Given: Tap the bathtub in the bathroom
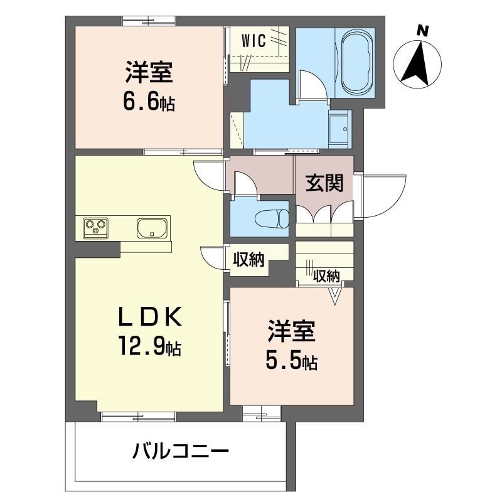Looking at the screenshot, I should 355,61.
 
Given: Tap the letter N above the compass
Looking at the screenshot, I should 424,29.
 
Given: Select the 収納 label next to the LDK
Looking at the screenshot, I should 248,259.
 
